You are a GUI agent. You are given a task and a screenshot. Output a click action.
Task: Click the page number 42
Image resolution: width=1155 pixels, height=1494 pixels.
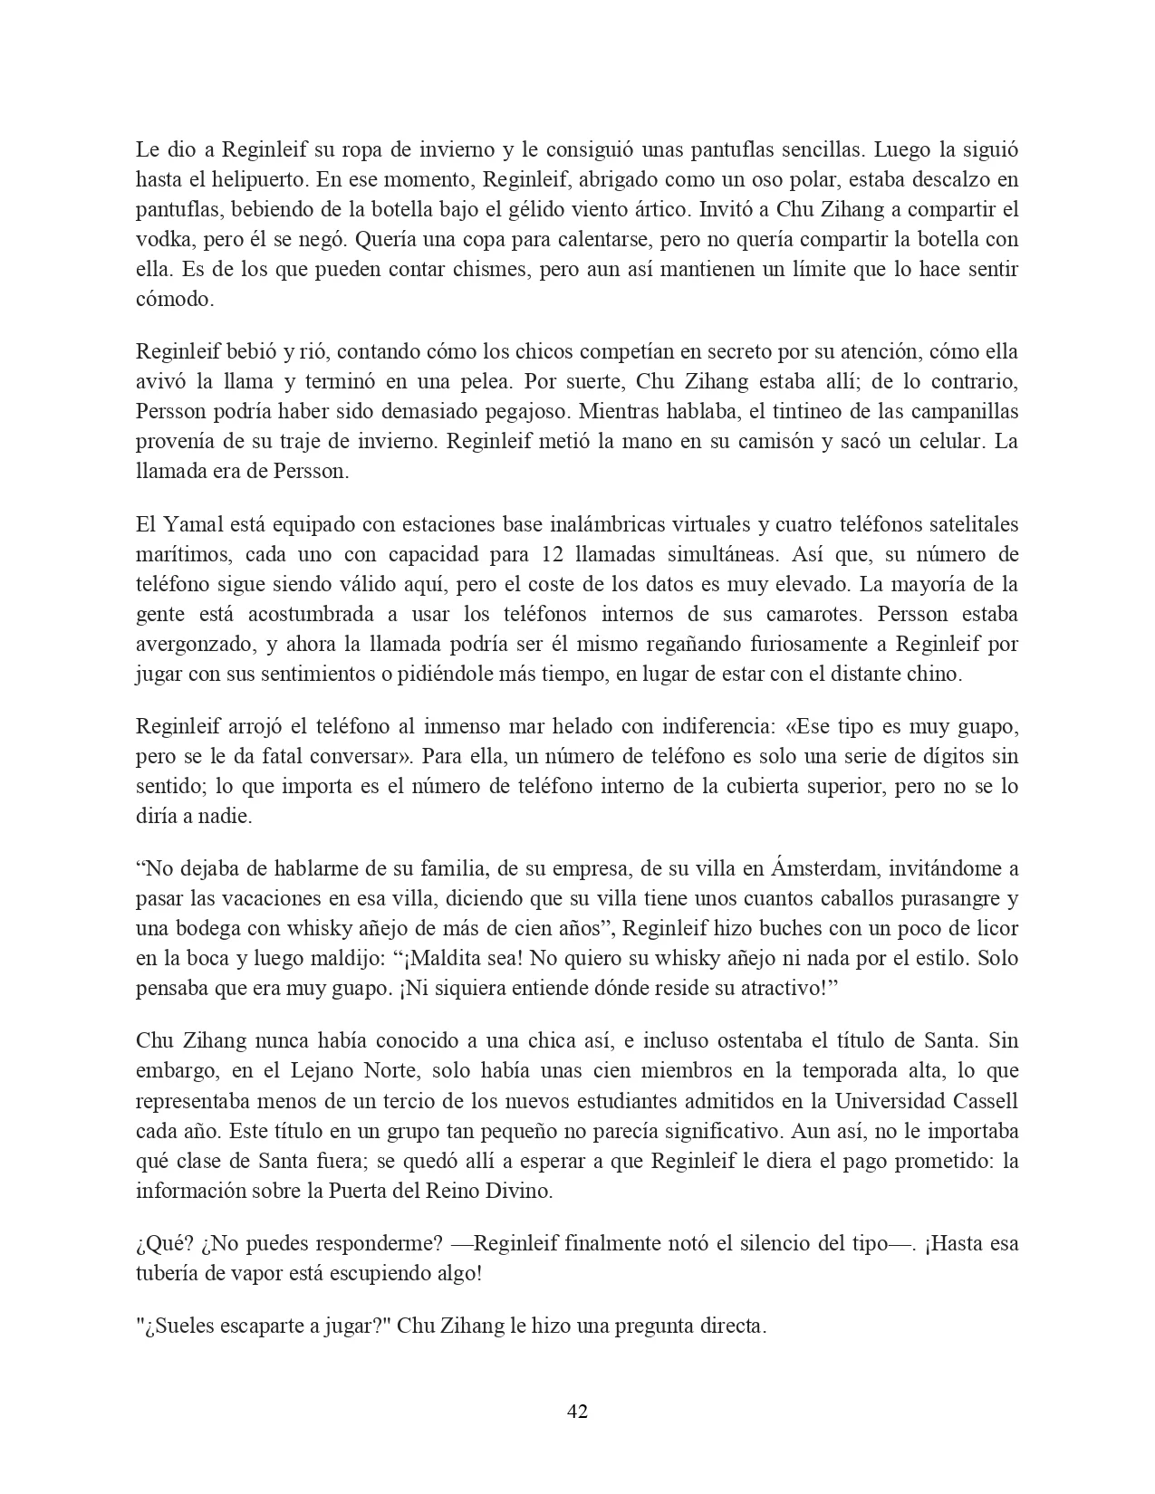[x=577, y=1411]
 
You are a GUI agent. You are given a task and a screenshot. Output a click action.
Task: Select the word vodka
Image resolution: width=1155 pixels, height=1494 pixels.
[x=160, y=240]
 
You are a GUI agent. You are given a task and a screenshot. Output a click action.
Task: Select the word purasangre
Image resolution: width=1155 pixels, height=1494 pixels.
[x=949, y=899]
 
